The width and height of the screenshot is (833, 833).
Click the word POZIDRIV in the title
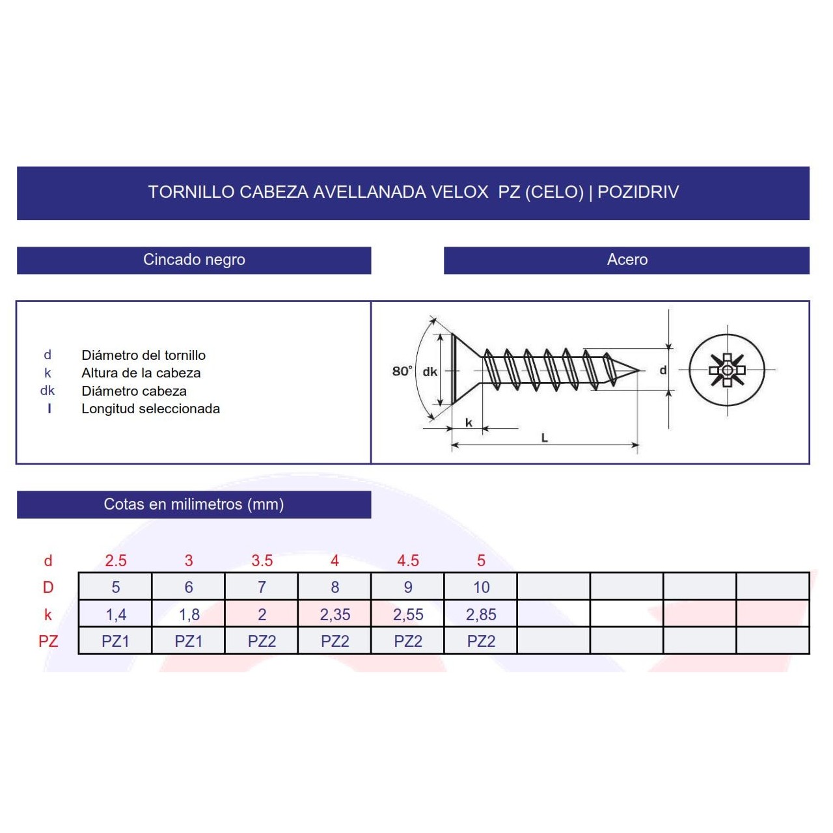[x=638, y=192]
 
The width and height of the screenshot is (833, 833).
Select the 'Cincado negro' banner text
[x=194, y=260]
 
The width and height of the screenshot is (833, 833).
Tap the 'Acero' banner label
[x=627, y=260]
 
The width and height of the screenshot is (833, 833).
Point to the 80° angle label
[x=402, y=371]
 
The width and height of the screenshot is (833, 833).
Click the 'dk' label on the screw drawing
[x=430, y=372]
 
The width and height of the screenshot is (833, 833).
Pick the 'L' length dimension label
[x=544, y=438]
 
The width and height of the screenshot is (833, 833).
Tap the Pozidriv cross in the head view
[x=726, y=370]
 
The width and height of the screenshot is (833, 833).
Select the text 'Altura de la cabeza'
[x=141, y=373]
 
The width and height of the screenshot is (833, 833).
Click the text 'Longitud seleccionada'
[x=150, y=409]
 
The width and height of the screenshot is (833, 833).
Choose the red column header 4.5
[x=408, y=560]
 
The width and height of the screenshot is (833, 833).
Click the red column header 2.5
[x=116, y=560]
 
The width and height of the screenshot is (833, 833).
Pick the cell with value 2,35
[x=335, y=614]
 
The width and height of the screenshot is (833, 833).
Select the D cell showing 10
[x=481, y=587]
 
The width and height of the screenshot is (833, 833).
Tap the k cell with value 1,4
[x=116, y=614]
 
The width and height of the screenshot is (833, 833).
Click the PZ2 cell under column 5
[x=481, y=641]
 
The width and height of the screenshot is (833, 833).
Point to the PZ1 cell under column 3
[x=189, y=641]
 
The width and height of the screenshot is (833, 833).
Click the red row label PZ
[x=48, y=641]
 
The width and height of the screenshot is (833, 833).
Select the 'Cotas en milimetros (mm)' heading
[x=194, y=504]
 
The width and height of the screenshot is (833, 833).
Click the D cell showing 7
[x=262, y=587]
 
